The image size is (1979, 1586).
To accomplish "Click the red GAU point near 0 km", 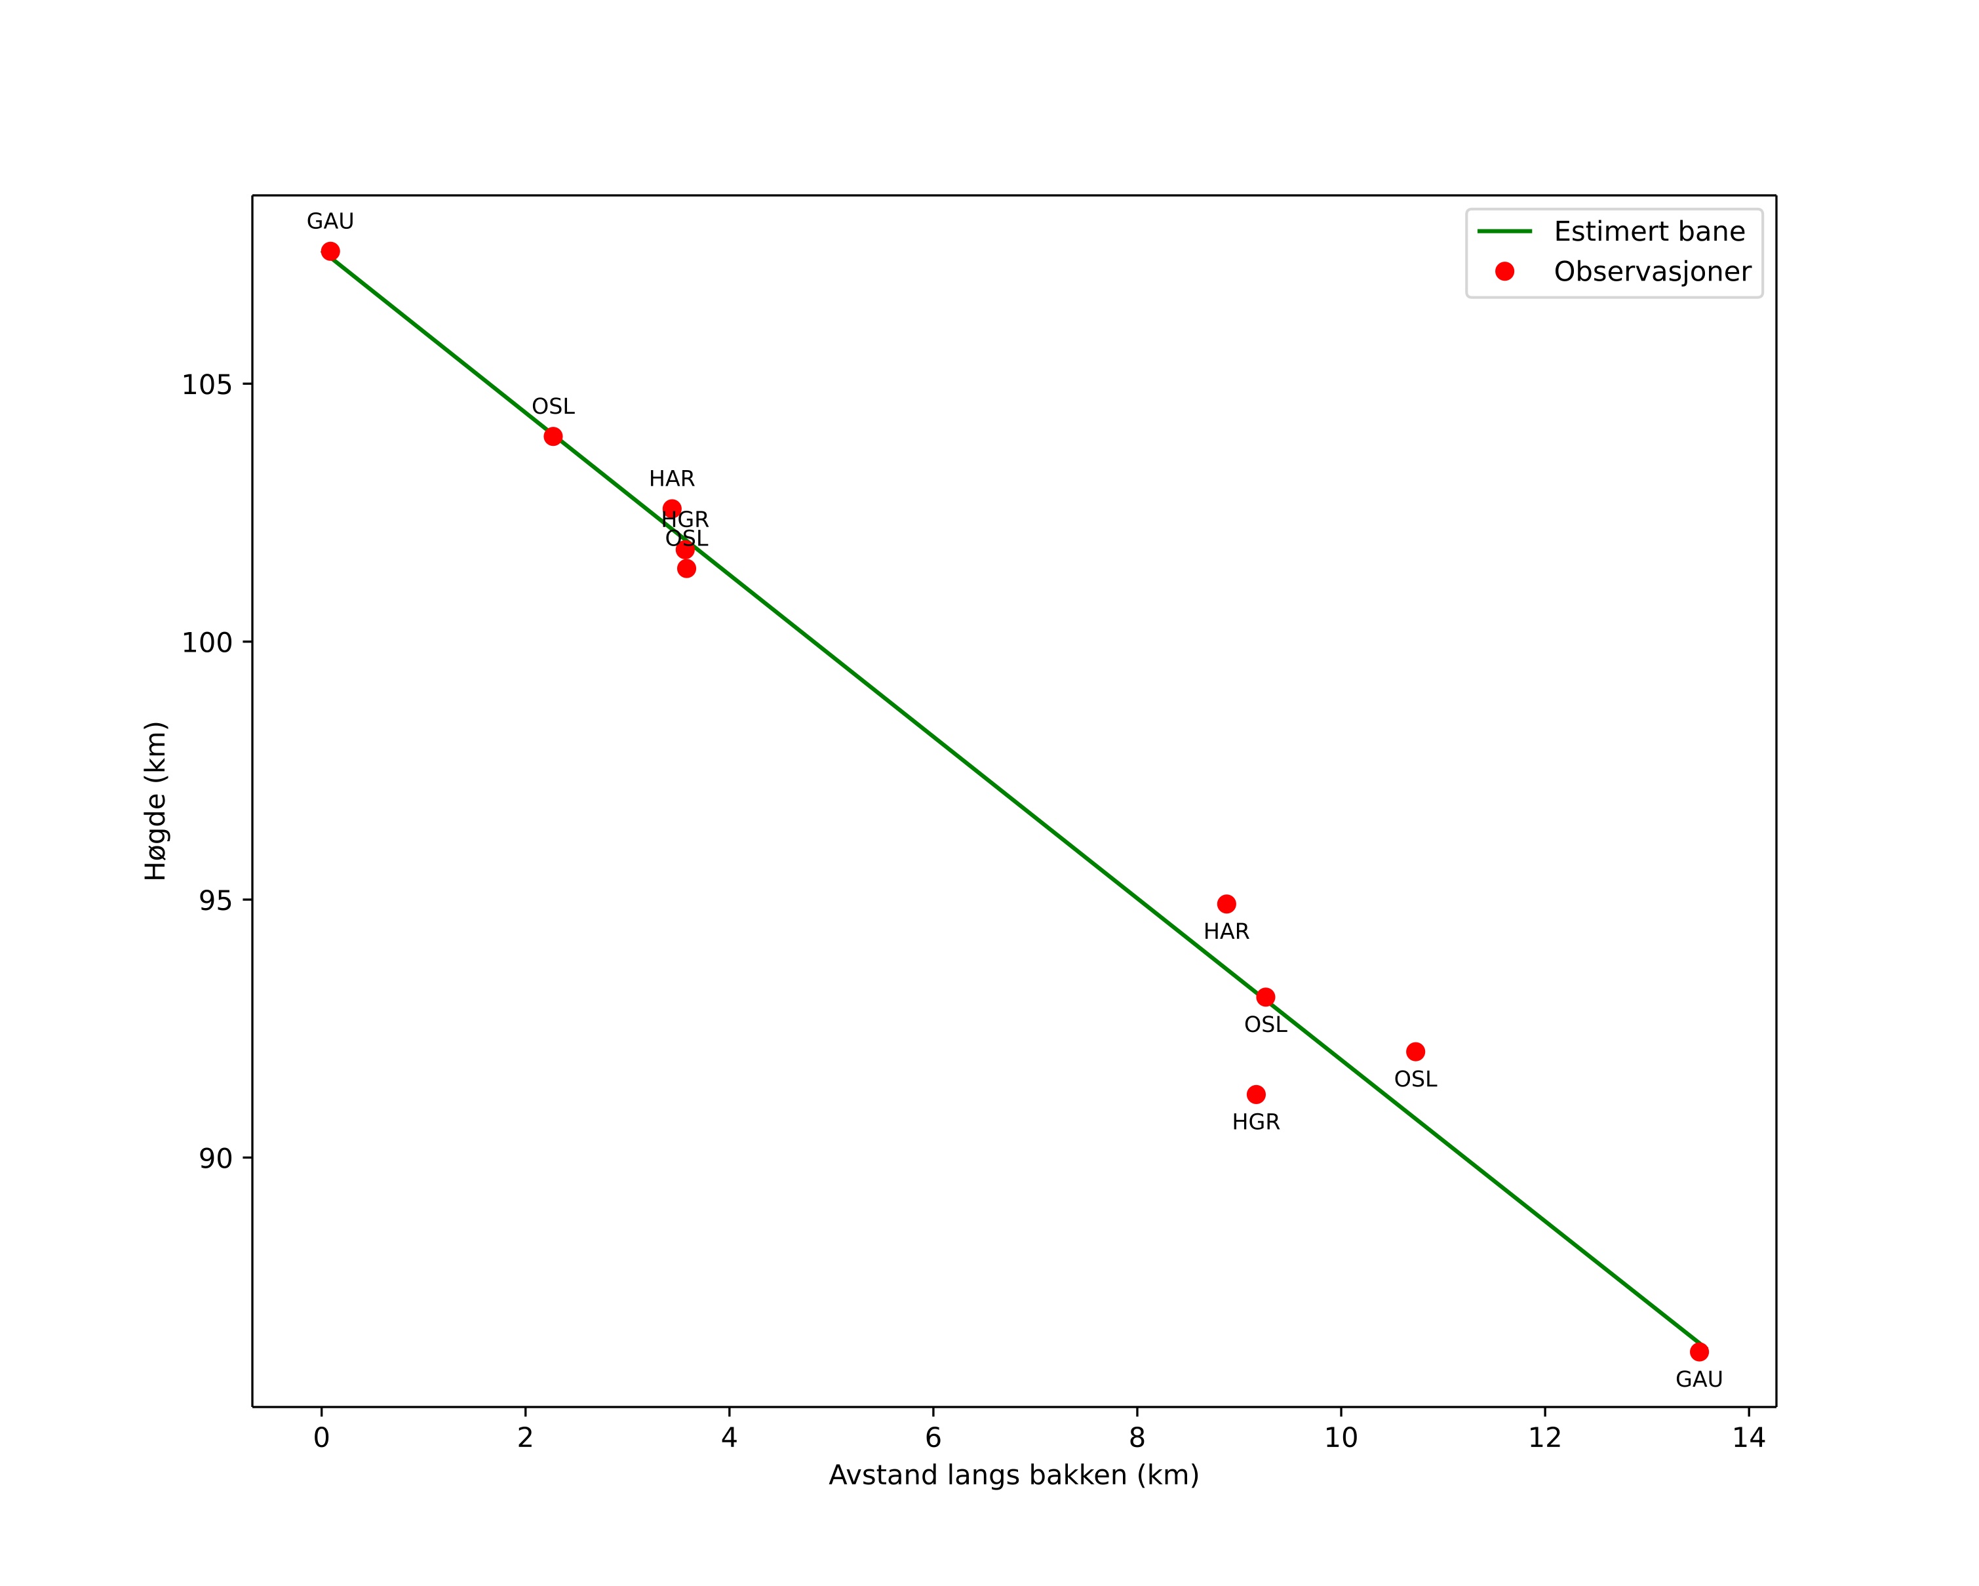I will (x=330, y=252).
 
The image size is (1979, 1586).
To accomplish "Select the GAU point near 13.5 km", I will (x=1699, y=1352).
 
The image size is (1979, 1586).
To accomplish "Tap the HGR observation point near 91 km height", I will (x=1256, y=1094).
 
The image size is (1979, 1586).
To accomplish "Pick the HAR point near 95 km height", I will (x=1226, y=904).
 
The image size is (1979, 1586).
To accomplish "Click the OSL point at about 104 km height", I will (x=553, y=436).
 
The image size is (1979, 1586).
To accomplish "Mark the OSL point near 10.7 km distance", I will (x=1415, y=1052).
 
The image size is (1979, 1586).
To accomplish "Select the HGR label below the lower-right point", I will (x=1256, y=1122).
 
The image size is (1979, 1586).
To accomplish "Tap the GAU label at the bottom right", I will (x=1699, y=1379).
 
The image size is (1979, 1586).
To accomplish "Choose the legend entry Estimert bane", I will (x=1649, y=231).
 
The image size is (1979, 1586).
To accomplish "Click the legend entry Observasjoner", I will (x=1653, y=271).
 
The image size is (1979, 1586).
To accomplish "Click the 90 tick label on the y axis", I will (x=216, y=1159).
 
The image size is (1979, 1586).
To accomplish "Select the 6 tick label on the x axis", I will (x=933, y=1438).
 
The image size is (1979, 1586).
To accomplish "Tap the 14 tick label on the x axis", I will (x=1749, y=1438).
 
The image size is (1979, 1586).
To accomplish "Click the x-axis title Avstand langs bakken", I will (x=1013, y=1476).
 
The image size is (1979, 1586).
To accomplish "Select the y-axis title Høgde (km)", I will (x=156, y=801).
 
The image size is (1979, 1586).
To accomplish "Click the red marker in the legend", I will (x=1504, y=271).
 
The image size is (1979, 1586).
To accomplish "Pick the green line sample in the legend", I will (x=1504, y=231).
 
